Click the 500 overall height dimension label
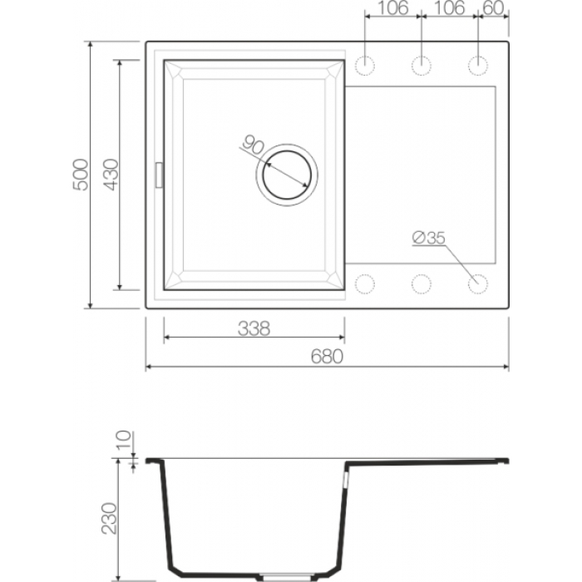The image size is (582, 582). tap(81, 175)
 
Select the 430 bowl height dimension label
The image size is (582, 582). tap(111, 175)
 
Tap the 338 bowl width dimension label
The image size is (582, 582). tap(254, 328)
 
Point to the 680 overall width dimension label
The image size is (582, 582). tap(327, 357)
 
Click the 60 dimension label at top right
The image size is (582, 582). tap(493, 7)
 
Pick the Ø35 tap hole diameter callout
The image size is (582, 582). tap(428, 238)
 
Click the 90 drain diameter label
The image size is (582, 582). tap(254, 145)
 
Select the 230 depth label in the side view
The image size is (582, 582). tap(110, 519)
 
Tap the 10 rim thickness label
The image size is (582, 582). tap(124, 440)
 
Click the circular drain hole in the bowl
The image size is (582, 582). tap(287, 175)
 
